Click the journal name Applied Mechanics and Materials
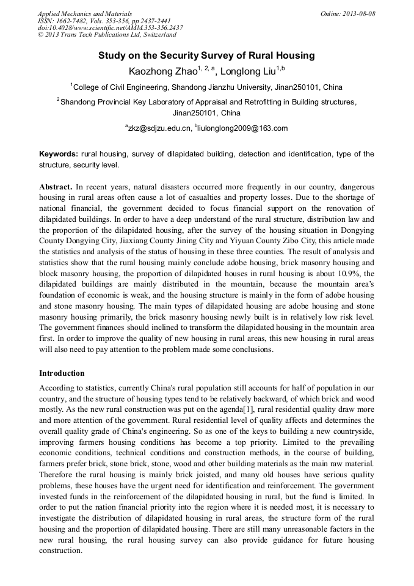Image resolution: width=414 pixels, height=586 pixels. point(85,13)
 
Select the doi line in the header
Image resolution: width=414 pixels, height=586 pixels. point(110,28)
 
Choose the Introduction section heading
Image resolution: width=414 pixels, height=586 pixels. point(62,373)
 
